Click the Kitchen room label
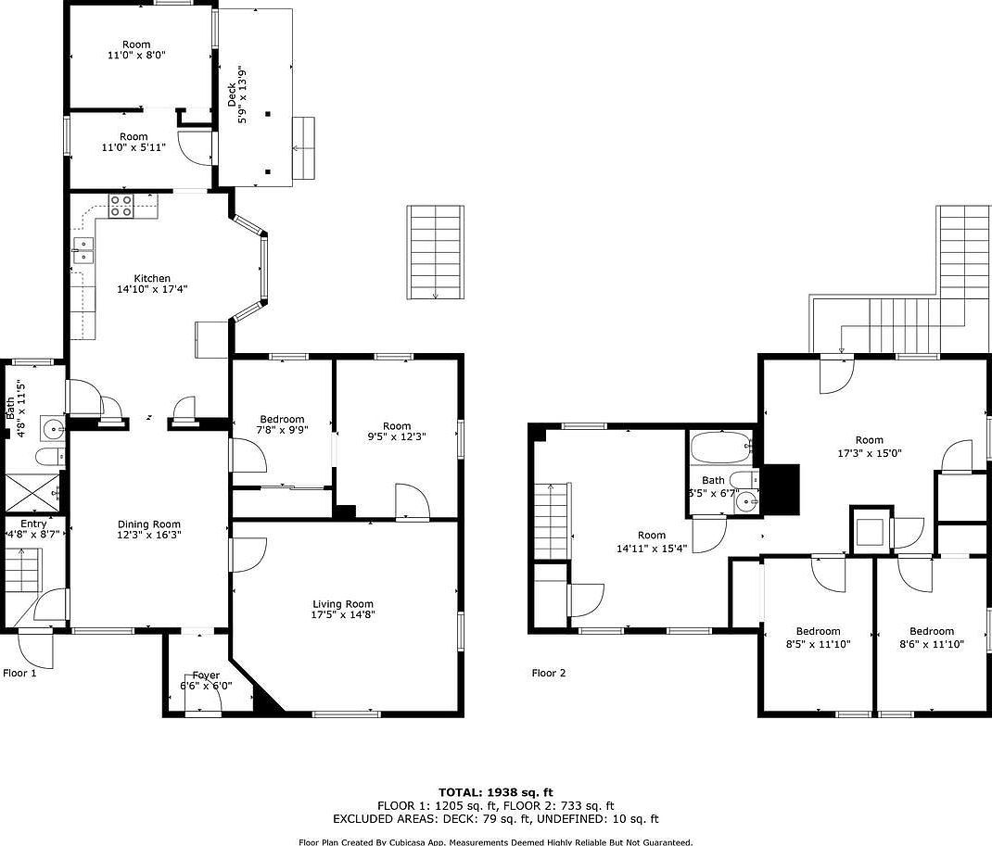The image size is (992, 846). click(x=152, y=278)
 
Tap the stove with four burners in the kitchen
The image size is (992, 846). click(x=121, y=206)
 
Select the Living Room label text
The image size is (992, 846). click(x=343, y=604)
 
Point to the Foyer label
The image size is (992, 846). click(x=205, y=676)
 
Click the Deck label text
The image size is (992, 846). click(x=232, y=95)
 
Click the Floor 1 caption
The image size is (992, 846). click(x=19, y=673)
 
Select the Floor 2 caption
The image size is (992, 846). click(x=548, y=673)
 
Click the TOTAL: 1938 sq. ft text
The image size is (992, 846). click(x=495, y=792)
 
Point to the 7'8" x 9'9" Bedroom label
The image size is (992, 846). click(x=282, y=420)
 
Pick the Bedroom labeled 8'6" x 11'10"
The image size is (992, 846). click(x=931, y=631)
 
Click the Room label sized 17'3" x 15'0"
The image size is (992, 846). click(x=869, y=440)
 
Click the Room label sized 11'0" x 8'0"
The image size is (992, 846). click(x=136, y=44)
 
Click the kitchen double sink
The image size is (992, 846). click(x=83, y=250)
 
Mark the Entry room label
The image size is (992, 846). click(x=33, y=524)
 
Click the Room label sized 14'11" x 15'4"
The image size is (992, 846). click(x=652, y=535)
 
